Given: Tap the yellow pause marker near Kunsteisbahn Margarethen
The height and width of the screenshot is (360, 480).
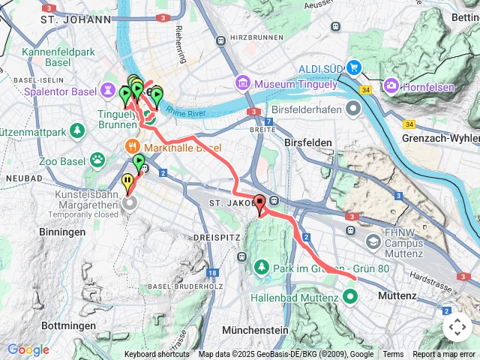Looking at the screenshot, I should [128, 181].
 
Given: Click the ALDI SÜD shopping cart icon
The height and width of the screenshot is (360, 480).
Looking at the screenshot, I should [355, 69].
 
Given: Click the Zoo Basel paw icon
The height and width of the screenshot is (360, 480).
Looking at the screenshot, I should [97, 159].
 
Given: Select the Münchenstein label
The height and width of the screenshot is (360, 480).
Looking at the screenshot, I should [255, 330].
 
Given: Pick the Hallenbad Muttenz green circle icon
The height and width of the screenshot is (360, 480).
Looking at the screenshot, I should [350, 296].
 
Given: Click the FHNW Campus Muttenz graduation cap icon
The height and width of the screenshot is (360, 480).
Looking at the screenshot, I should [373, 241].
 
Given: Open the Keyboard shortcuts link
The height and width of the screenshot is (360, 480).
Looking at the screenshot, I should [157, 355].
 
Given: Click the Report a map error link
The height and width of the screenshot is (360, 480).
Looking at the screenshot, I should [444, 355].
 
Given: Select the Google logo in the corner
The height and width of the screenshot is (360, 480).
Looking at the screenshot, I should [28, 349].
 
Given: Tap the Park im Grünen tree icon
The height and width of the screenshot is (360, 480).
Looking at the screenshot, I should [261, 268].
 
